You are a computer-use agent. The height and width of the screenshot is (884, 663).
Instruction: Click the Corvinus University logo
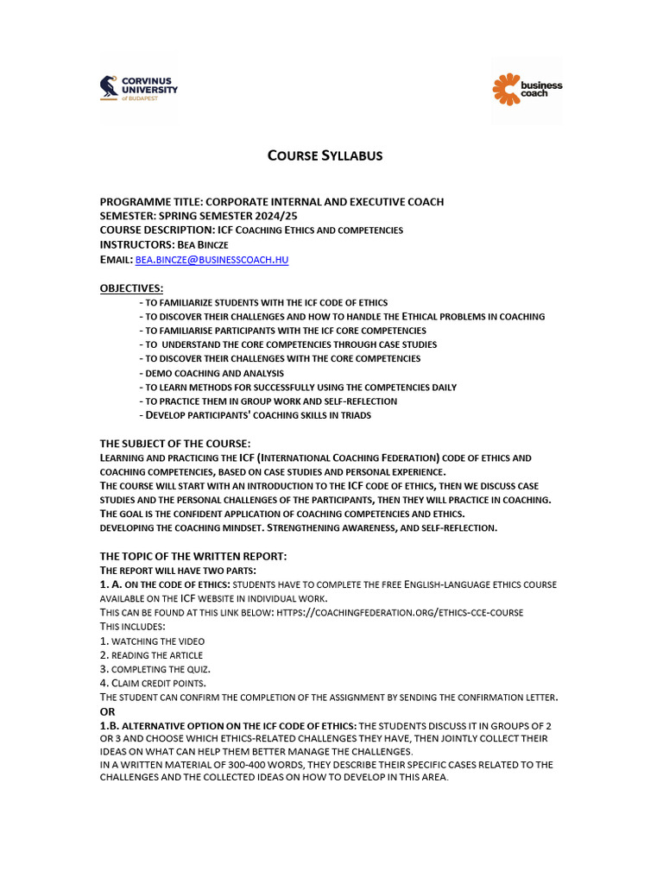pos(139,88)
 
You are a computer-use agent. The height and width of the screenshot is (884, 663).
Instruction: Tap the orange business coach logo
pos(527,89)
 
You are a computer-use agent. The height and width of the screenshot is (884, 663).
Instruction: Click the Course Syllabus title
pos(325,155)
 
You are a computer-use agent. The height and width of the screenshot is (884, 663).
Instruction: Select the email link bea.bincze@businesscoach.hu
pos(212,259)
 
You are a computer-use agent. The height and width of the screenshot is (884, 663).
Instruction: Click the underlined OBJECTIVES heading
pos(131,287)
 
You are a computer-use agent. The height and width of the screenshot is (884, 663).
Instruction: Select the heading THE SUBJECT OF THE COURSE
pos(175,443)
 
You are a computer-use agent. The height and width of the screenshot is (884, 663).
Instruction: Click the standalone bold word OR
pos(108,710)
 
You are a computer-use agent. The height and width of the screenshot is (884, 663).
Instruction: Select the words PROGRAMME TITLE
pos(150,202)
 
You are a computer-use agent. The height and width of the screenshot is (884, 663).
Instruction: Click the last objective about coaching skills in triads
pos(257,415)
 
